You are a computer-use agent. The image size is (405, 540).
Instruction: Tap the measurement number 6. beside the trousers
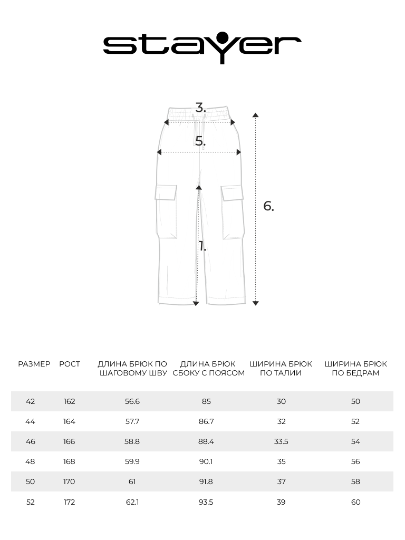click(x=268, y=206)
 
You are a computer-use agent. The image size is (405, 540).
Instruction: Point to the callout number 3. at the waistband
click(x=200, y=108)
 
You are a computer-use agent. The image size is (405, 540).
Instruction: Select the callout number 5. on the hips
click(x=200, y=141)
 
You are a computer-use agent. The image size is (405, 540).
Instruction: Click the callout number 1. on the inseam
click(x=202, y=246)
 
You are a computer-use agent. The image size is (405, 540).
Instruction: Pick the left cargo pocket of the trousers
click(x=166, y=211)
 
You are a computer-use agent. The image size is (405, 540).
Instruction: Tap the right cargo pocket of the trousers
click(x=232, y=211)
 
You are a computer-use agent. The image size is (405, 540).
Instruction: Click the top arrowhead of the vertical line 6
click(x=255, y=115)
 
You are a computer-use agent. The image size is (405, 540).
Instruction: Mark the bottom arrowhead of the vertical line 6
click(x=255, y=303)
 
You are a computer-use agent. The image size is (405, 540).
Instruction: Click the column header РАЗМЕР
click(x=34, y=364)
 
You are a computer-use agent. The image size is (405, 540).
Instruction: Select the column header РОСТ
click(x=70, y=364)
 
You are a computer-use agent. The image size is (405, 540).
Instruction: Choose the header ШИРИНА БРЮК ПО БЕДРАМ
click(x=355, y=368)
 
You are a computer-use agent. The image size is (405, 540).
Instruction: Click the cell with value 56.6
click(x=132, y=401)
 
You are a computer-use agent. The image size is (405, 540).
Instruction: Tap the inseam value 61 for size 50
click(x=132, y=481)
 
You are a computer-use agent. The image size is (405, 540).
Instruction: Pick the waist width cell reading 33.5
click(x=281, y=441)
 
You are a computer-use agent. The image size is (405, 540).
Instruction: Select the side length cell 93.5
click(x=206, y=502)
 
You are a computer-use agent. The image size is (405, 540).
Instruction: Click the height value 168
click(x=70, y=461)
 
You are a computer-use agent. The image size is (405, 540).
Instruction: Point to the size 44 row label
click(x=30, y=421)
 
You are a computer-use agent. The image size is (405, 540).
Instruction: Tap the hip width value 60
click(x=355, y=502)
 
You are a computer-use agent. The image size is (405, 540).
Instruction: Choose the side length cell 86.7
click(x=206, y=421)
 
